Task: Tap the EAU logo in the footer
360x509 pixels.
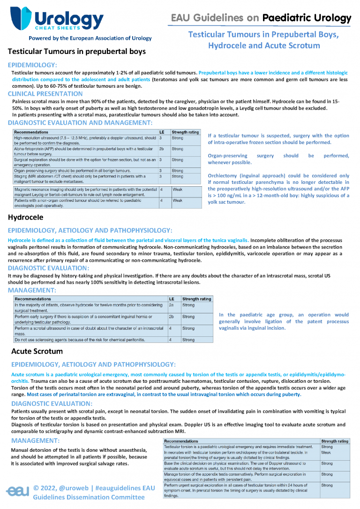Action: [x=18, y=491]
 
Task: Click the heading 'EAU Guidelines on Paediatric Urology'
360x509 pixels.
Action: [x=261, y=18]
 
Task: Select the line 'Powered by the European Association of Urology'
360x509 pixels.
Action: [x=90, y=38]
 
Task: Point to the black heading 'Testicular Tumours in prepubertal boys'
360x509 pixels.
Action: [x=77, y=51]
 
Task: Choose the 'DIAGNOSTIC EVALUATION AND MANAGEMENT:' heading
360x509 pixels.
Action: [x=80, y=122]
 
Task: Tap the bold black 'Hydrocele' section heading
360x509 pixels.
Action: [x=26, y=217]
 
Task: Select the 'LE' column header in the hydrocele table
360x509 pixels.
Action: [x=172, y=299]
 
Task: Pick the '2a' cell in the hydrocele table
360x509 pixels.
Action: [x=172, y=305]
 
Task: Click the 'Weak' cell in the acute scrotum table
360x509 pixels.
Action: [x=326, y=453]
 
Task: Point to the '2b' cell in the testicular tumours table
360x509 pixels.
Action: [x=162, y=149]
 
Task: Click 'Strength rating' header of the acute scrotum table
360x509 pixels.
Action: [x=334, y=441]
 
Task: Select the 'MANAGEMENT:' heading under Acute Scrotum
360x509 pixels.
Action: [x=35, y=441]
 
